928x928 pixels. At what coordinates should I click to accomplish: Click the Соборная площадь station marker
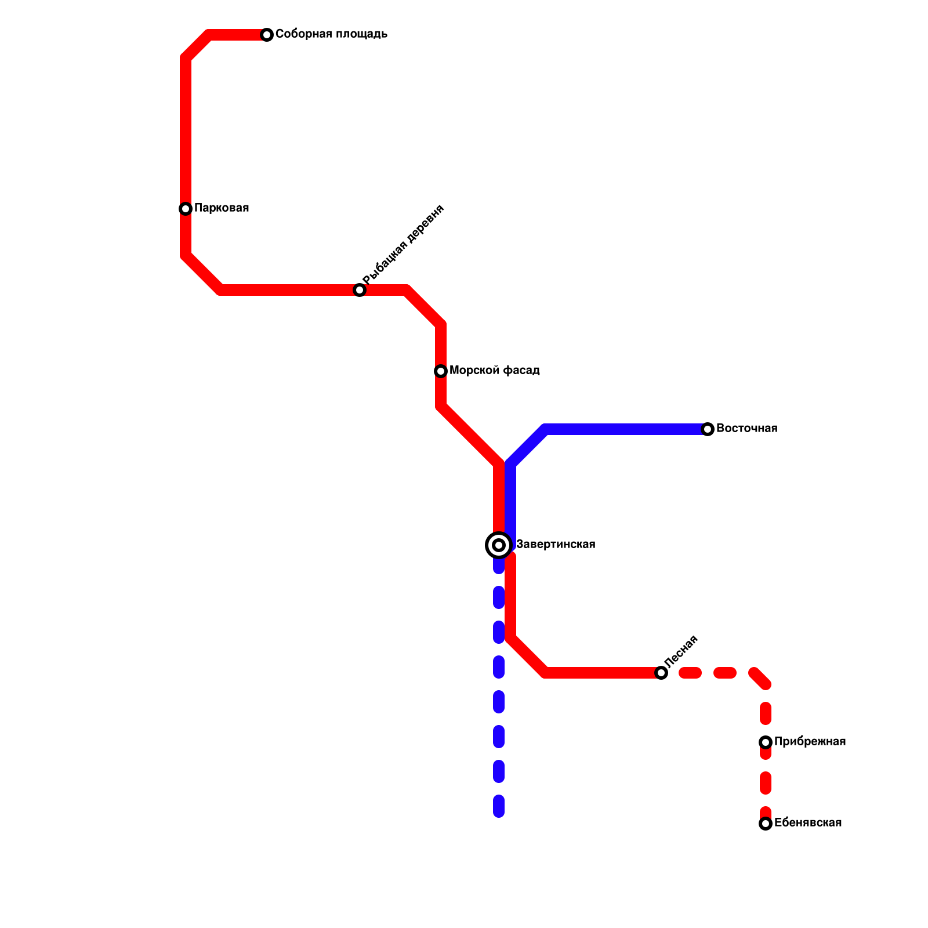(267, 35)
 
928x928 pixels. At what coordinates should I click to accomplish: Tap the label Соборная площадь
(331, 34)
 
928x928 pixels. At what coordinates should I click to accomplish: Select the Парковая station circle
(186, 209)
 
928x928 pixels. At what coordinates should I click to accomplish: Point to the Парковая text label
(222, 208)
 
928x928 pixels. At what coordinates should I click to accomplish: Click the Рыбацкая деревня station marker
(360, 290)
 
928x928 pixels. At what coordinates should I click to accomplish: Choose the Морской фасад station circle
(441, 371)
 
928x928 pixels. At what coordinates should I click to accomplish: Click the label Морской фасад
(495, 371)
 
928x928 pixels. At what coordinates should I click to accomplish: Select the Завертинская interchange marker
(499, 545)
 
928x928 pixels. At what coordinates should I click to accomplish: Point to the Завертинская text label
(556, 545)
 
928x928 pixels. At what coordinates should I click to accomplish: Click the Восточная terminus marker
(708, 429)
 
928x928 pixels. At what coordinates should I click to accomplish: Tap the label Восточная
(747, 429)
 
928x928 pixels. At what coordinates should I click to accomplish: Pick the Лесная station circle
(661, 673)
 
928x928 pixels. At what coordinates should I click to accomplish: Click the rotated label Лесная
(681, 651)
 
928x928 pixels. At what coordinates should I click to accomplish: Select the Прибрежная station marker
(766, 742)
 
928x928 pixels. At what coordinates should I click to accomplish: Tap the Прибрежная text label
(810, 742)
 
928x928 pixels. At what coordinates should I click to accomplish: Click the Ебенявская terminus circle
(766, 824)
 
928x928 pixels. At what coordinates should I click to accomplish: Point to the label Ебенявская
(808, 823)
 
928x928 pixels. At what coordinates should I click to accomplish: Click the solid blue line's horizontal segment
(626, 429)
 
